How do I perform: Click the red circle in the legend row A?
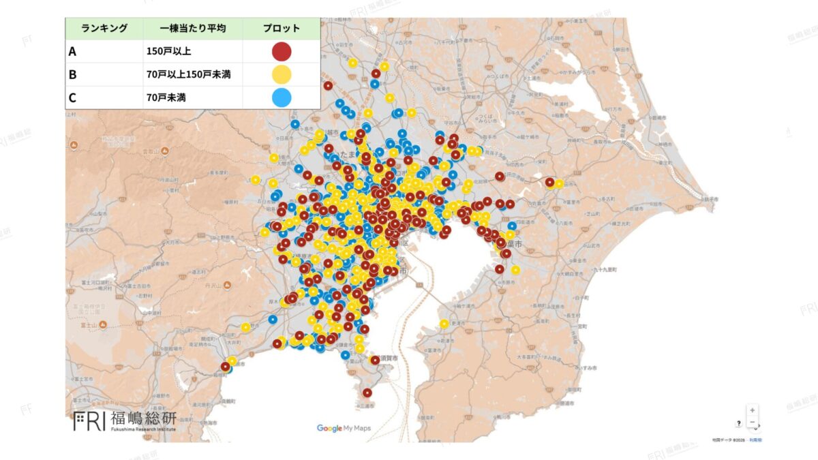pos(282,52)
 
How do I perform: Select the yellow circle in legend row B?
pos(282,74)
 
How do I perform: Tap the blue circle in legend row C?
pos(282,97)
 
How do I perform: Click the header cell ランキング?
pos(104,29)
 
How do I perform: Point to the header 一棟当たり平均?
pos(193,29)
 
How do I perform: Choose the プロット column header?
pos(282,29)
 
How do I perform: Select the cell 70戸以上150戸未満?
pos(188,74)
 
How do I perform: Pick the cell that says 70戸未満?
pos(166,97)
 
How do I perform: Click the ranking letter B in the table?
pos(72,74)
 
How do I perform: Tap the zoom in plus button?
pos(752,410)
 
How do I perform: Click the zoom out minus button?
pos(752,423)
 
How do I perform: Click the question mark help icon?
pos(738,423)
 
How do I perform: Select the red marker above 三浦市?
pos(367,393)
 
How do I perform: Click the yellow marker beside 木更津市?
pos(444,324)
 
